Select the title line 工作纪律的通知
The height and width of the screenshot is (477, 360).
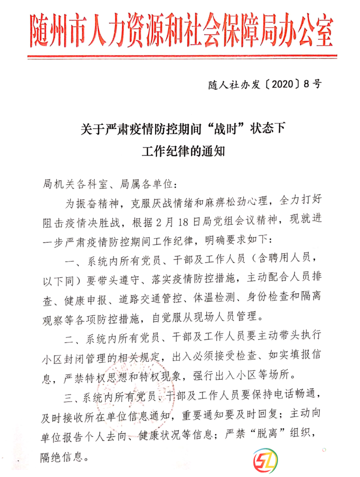[x=183, y=151]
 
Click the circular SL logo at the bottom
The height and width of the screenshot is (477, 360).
[x=265, y=459]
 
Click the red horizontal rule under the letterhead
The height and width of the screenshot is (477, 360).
[x=179, y=55]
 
